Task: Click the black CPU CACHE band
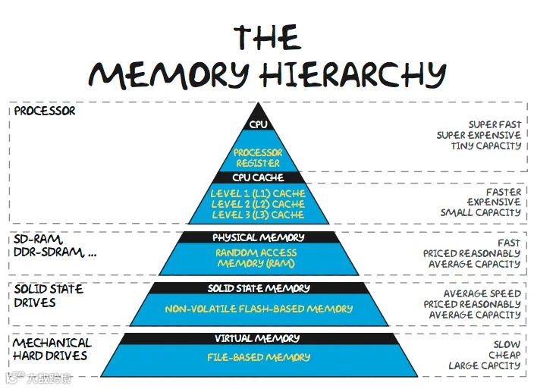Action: [x=258, y=177]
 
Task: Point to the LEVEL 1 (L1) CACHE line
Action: [x=258, y=193]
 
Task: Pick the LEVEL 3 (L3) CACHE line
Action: [x=258, y=215]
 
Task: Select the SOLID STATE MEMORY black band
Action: [x=259, y=288]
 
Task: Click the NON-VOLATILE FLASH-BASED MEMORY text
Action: [x=259, y=309]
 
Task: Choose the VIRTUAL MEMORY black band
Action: [x=258, y=338]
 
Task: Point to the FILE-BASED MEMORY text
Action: [x=258, y=357]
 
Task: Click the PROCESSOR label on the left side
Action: [x=45, y=111]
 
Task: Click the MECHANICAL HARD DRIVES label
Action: [x=52, y=350]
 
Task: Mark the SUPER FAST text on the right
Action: [x=495, y=124]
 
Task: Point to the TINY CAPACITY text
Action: [x=486, y=146]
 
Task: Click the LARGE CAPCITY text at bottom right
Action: [x=485, y=365]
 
